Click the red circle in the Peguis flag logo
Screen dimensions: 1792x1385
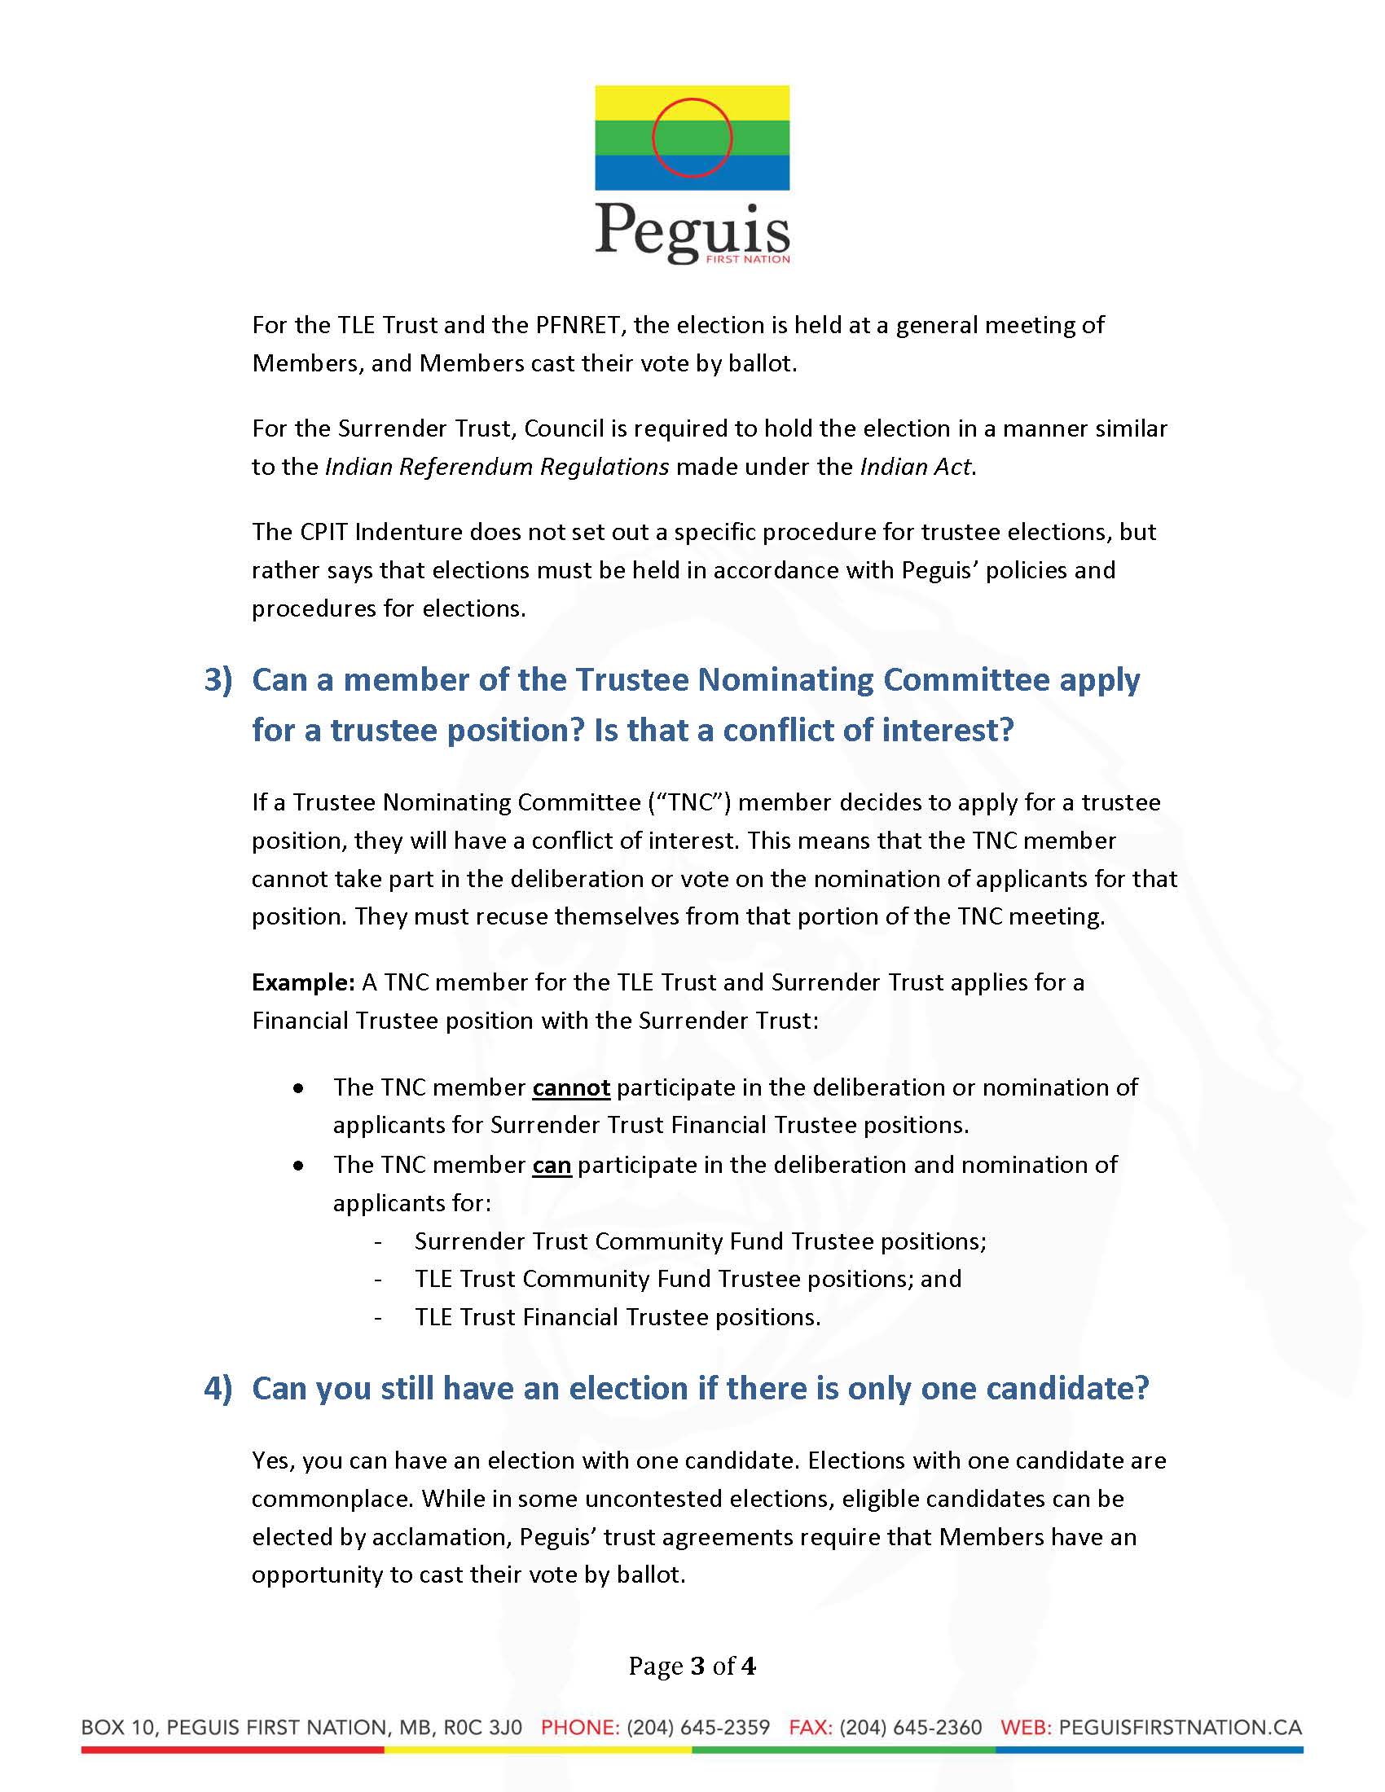(x=692, y=137)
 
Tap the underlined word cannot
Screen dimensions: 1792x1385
(x=571, y=1087)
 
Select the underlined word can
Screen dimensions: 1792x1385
(x=552, y=1164)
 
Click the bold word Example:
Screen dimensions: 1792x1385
(x=303, y=982)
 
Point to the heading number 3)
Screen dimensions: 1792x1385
(x=218, y=679)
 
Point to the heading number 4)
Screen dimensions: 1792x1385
(x=218, y=1387)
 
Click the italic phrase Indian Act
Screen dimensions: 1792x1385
(x=915, y=467)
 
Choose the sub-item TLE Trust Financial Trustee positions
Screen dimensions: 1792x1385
(x=617, y=1317)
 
